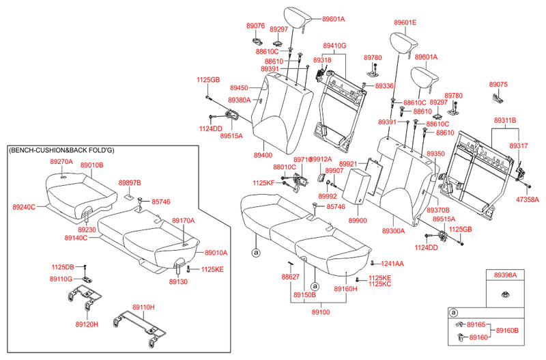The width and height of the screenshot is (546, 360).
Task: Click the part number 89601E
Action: pos(405,23)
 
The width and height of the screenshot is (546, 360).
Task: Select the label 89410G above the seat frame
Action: pos(334,46)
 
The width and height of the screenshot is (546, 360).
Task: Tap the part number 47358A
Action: pos(527,199)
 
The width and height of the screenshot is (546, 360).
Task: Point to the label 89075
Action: pos(498,84)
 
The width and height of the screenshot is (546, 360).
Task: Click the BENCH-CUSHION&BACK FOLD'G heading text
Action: pos(61,150)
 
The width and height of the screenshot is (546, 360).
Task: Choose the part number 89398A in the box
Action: pos(505,275)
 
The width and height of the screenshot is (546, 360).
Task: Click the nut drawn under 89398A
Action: pos(505,295)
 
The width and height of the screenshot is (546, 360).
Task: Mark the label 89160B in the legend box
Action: pos(507,330)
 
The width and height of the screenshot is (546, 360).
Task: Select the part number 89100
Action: pos(320,312)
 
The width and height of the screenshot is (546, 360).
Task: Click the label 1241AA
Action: pos(392,264)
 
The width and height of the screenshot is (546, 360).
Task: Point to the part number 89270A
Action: pos(61,162)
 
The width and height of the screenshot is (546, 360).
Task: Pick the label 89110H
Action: pos(143,307)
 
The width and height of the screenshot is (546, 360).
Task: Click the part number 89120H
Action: pos(87,324)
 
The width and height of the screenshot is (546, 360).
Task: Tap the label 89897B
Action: pos(130,183)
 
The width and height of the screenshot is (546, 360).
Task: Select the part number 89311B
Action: pos(505,121)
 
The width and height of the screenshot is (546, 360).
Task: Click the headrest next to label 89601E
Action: pos(403,43)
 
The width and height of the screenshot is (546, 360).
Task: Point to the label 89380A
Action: pos(240,100)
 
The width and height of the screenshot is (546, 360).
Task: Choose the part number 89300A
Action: pos(394,231)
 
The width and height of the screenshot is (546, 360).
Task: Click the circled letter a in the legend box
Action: pos(453,313)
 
